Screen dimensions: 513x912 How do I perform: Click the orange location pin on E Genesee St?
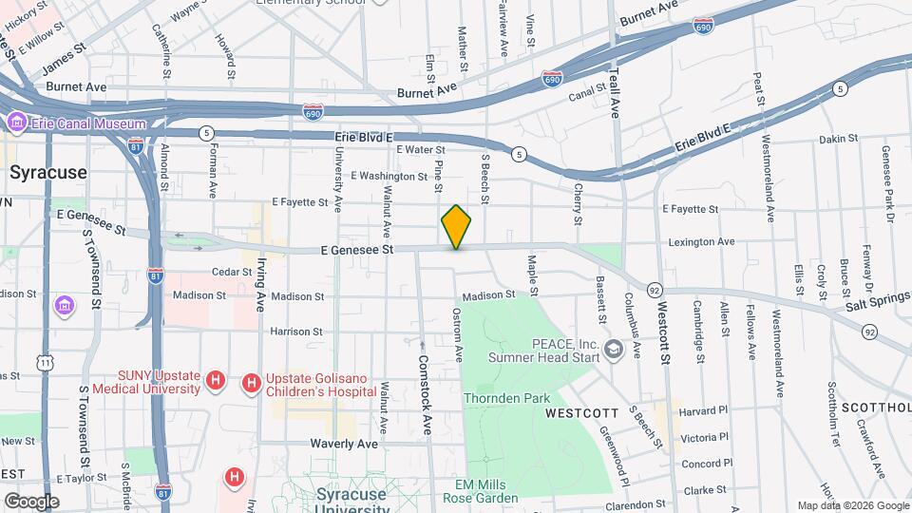tap(456, 227)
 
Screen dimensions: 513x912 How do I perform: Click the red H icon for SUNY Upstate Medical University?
tap(216, 382)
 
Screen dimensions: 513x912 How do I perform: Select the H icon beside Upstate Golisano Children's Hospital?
tap(251, 382)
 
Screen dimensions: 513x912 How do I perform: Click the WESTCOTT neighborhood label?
tap(582, 413)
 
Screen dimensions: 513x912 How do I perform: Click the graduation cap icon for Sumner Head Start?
tap(614, 351)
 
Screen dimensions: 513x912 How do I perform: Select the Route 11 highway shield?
tap(46, 362)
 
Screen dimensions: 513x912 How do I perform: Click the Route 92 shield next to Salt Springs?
tap(869, 332)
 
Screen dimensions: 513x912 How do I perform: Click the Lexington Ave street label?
tap(701, 242)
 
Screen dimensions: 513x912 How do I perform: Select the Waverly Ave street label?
tap(342, 444)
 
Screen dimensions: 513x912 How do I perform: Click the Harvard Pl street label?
tap(704, 410)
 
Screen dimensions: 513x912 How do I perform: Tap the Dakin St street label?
tap(838, 138)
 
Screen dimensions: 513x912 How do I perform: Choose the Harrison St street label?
tap(296, 332)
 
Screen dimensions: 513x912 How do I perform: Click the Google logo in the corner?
tap(30, 501)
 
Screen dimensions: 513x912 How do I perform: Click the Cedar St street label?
tap(232, 272)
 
